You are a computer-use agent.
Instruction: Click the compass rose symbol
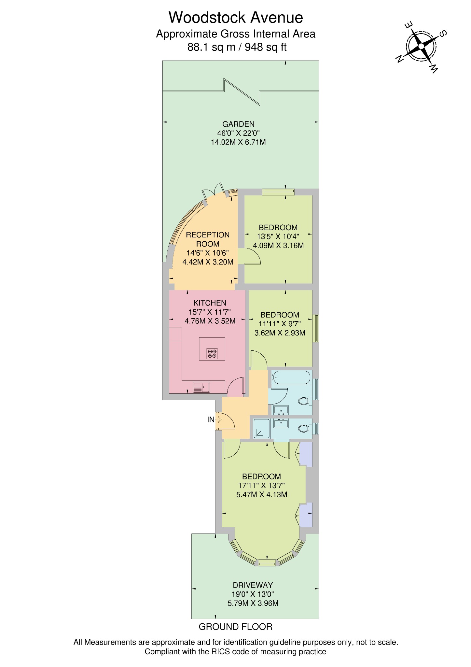click(x=422, y=47)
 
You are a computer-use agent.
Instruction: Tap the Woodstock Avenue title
click(x=236, y=18)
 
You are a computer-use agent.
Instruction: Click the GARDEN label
click(x=238, y=124)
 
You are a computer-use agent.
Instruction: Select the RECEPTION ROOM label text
click(x=208, y=239)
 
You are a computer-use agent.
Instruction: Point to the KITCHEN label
click(x=210, y=303)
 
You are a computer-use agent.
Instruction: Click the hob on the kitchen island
click(x=212, y=353)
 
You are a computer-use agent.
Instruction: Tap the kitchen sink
click(x=201, y=387)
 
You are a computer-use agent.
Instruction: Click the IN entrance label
click(x=211, y=420)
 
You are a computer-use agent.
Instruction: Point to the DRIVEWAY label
click(x=253, y=585)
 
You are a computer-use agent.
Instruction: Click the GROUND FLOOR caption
click(x=235, y=627)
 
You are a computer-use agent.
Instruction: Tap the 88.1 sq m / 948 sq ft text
click(x=237, y=48)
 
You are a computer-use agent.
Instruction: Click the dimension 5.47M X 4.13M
click(x=261, y=495)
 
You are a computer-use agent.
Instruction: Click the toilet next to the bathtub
click(x=304, y=401)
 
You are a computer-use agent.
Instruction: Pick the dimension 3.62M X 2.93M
click(x=280, y=333)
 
